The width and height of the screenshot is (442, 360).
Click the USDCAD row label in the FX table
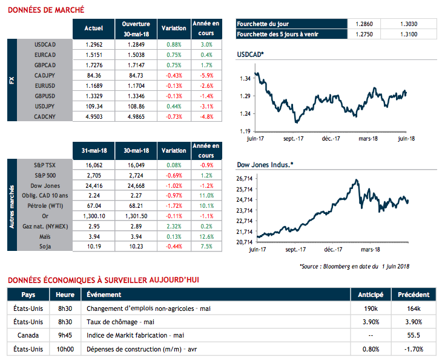46,45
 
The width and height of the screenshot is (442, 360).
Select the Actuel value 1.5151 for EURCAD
93,53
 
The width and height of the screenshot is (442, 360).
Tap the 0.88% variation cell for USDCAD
174,45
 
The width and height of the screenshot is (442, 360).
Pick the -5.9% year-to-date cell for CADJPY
206,75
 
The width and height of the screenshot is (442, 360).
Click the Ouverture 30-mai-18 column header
136,28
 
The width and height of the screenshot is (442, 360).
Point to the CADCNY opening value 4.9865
136,115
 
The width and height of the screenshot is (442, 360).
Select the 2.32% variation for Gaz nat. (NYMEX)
174,225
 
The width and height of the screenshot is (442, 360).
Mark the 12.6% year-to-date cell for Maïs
206,237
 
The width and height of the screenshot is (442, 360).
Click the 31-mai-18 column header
93,150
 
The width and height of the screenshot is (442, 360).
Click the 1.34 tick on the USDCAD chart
245,79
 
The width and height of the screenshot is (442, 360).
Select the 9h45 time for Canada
66,335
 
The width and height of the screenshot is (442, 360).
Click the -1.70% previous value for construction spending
414,348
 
